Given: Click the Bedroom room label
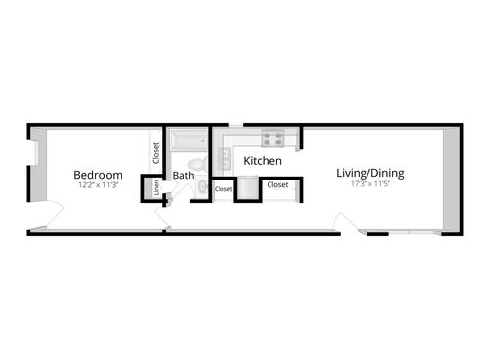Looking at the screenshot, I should tap(98, 175).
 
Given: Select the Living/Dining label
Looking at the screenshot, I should tap(370, 174).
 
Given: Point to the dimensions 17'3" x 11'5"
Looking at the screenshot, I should tap(370, 184).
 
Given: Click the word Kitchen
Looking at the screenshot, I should tap(263, 161).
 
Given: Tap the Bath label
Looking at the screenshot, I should tap(183, 177).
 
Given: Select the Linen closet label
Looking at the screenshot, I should tap(156, 186).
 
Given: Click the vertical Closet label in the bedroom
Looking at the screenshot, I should tap(155, 153).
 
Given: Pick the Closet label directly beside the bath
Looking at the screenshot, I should tap(223, 189).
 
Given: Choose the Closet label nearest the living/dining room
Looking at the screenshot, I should tap(277, 184).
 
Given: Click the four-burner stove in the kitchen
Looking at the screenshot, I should tap(271, 139).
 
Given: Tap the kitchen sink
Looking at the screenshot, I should tap(227, 155).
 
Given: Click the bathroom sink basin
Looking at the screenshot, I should tap(203, 185).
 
